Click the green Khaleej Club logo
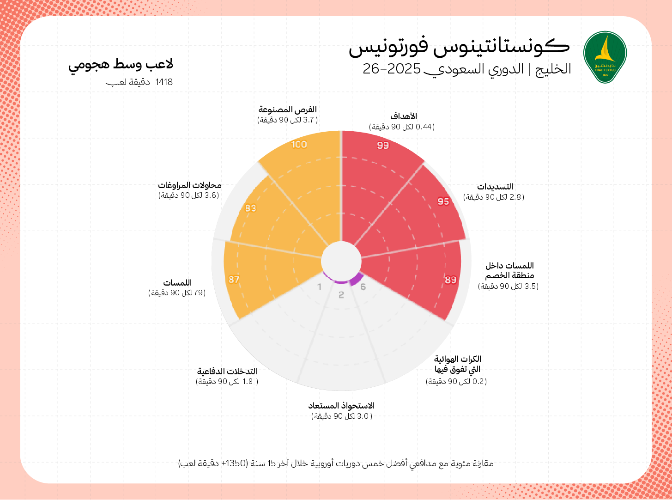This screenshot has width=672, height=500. (x=605, y=57)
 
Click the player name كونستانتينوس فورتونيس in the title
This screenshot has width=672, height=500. (x=459, y=47)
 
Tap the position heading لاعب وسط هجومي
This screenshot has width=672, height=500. (x=121, y=65)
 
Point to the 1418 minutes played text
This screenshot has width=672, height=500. (x=139, y=82)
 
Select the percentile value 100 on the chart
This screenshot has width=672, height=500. (x=299, y=144)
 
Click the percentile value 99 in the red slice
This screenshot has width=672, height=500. (x=383, y=146)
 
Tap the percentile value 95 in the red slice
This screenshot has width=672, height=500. (x=443, y=201)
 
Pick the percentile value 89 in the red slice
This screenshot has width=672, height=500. (x=451, y=280)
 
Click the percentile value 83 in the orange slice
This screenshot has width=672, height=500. (x=250, y=208)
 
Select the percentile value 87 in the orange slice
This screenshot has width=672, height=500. (x=234, y=279)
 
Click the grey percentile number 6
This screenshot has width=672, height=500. (x=363, y=287)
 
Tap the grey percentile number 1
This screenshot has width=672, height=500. (x=319, y=287)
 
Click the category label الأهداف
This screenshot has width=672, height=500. (x=404, y=116)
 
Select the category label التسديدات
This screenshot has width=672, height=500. (x=495, y=187)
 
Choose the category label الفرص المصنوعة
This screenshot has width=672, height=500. (x=287, y=110)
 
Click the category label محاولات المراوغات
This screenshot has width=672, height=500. (x=189, y=185)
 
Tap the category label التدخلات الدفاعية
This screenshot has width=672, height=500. (x=227, y=371)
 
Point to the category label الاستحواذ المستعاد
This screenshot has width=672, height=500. (x=341, y=406)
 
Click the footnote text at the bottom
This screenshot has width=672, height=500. (x=336, y=463)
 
